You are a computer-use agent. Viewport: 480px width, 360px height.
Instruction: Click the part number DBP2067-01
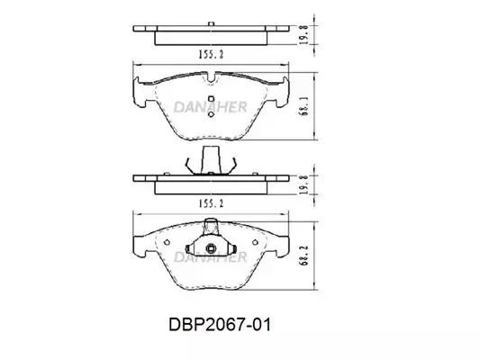[x=220, y=325]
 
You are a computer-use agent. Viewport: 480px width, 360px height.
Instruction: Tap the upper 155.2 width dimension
[x=212, y=54]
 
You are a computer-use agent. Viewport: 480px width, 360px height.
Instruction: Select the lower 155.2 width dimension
[x=212, y=203]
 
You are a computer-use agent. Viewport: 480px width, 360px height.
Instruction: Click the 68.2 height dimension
[x=304, y=256]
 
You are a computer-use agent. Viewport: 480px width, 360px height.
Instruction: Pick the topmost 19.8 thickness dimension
[x=303, y=34]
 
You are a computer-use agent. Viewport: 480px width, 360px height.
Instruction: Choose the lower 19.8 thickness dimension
[x=303, y=184]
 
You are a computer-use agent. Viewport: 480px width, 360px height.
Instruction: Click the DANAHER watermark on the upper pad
[x=211, y=107]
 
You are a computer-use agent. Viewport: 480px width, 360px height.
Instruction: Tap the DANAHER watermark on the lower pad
[x=211, y=257]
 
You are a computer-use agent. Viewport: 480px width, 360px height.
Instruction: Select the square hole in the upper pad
[x=211, y=98]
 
